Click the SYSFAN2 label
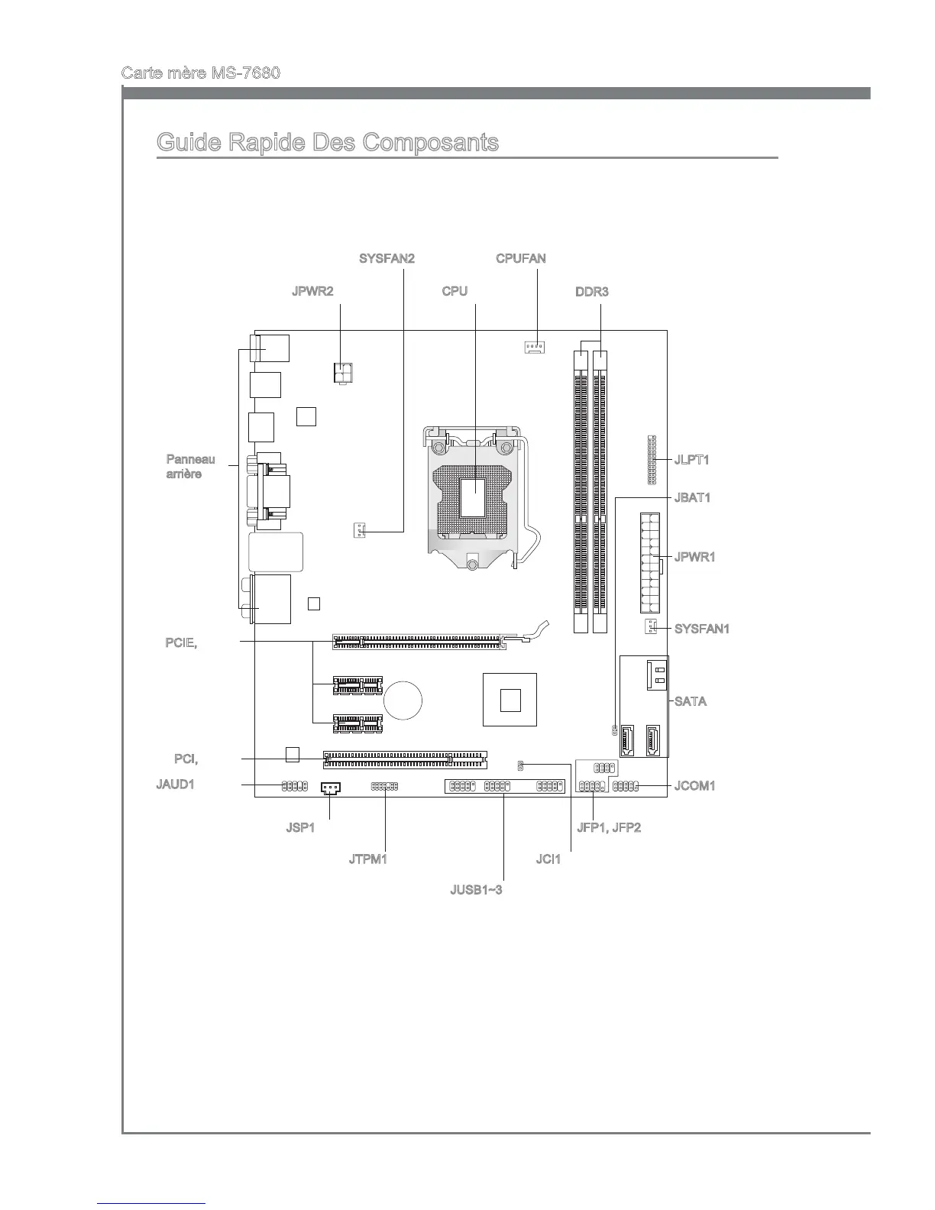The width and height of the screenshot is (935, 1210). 387,258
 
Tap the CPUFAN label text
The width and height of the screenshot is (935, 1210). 521,258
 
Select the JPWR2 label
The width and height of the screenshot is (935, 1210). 312,292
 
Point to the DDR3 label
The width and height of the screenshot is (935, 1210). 592,292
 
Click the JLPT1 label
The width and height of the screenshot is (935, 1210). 692,460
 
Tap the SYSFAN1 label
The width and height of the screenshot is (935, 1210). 702,629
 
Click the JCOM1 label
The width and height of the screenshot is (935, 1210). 694,785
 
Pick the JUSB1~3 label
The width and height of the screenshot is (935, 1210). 476,891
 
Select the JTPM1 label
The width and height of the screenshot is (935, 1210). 368,859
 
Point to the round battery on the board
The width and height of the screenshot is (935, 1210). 403,699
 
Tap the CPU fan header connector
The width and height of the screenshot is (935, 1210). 535,348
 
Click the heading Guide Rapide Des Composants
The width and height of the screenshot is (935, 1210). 327,143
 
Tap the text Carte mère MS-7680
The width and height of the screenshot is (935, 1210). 200,73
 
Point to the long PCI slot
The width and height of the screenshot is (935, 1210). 405,759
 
